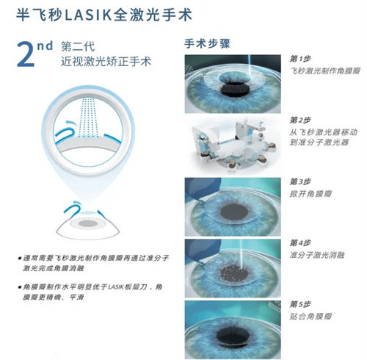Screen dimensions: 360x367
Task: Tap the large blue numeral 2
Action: point(28,55)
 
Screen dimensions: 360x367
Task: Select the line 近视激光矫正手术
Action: point(106,63)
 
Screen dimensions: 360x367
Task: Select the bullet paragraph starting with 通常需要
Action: point(98,264)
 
